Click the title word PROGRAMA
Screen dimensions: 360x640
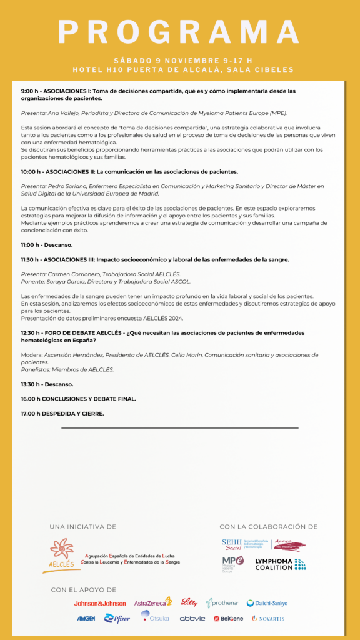pos(180,32)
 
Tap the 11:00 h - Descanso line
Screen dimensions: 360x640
pos(47,245)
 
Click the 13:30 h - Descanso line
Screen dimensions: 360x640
pos(47,384)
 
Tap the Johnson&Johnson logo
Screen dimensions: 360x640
pos(100,603)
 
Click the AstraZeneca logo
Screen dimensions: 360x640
pos(153,602)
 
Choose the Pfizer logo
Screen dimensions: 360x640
pos(117,618)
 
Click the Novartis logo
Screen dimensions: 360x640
pos(268,618)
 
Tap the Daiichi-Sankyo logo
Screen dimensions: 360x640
pos(267,603)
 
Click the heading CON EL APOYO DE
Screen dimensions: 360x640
pos(84,590)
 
